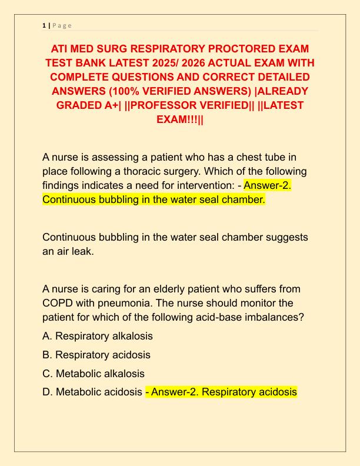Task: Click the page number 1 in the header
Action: point(44,25)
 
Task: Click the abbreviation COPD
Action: point(59,304)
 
